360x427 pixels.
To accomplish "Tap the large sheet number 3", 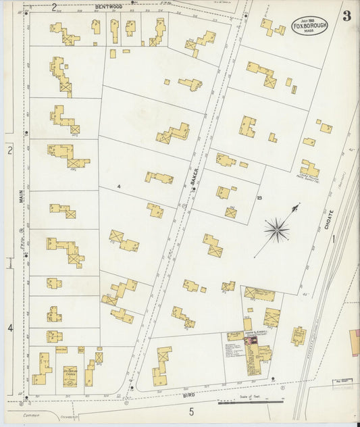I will pos(346,17).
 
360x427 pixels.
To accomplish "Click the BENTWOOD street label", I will pos(107,6).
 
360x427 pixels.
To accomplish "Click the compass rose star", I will pos(276,230).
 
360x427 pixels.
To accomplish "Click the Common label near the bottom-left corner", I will pos(31,416).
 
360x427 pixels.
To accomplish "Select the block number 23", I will pos(259,198).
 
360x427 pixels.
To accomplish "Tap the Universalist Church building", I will pos(69,372).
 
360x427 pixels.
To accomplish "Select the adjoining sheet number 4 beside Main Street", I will pos(9,328).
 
